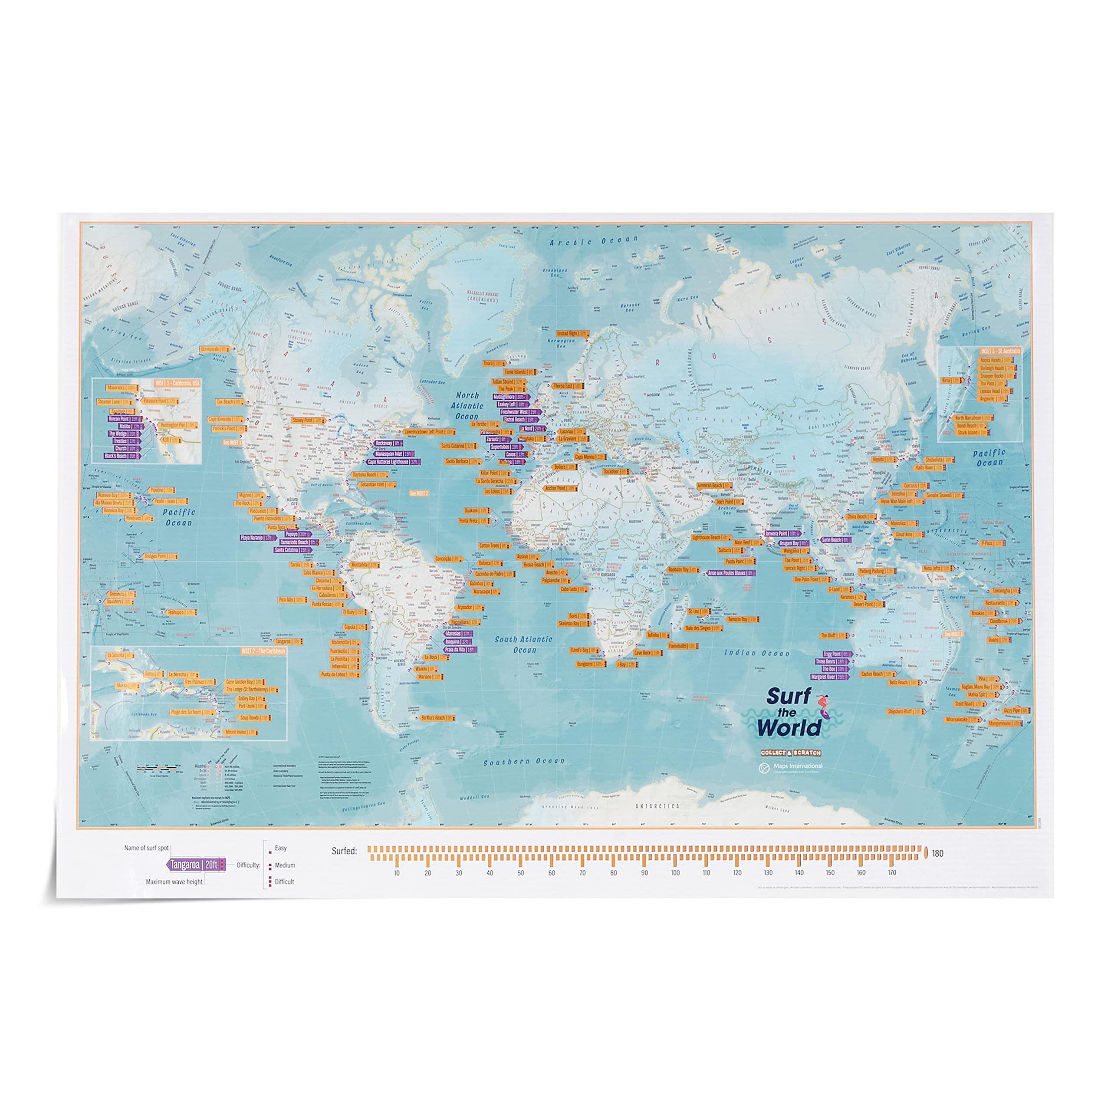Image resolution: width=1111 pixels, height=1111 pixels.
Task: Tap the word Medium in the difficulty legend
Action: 285,865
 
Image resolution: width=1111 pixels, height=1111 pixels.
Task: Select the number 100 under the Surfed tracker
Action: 675,873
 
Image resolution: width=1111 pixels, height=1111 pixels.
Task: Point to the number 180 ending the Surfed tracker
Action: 938,853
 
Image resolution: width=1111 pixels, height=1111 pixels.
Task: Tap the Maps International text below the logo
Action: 798,766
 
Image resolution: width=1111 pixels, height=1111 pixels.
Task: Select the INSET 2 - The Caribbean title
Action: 263,651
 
